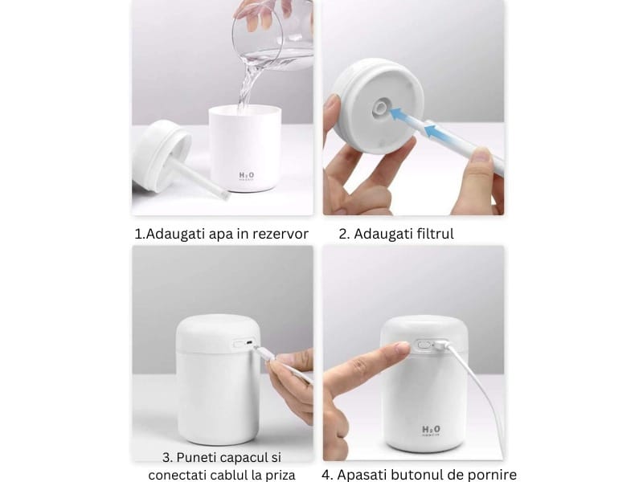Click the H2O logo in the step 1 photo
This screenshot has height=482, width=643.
tap(245, 175)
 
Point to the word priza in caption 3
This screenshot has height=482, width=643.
tap(278, 475)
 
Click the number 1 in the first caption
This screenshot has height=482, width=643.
tap(137, 234)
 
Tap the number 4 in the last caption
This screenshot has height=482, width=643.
tap(326, 474)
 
